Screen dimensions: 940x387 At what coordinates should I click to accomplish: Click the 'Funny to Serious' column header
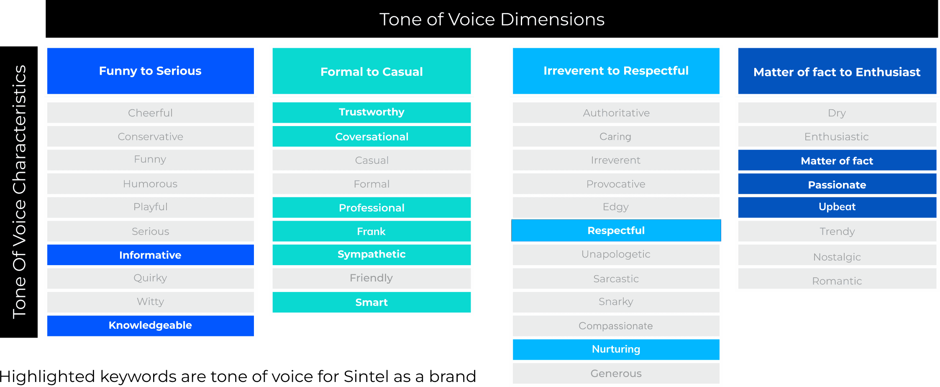(x=150, y=71)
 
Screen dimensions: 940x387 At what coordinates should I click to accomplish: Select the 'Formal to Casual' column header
(x=371, y=71)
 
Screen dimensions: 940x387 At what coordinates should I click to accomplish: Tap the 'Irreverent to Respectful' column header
(x=616, y=71)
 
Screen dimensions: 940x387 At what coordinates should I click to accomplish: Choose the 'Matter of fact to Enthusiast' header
(x=837, y=72)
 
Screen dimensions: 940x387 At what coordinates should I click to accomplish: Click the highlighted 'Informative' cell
(x=150, y=255)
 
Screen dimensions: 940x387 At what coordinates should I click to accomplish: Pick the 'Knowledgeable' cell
(x=150, y=325)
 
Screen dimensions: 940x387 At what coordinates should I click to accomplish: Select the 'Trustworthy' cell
(x=371, y=112)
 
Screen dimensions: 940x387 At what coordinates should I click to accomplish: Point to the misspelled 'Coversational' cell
(x=371, y=137)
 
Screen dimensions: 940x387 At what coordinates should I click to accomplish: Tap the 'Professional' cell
(x=371, y=208)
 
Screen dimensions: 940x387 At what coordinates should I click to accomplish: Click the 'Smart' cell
(x=371, y=302)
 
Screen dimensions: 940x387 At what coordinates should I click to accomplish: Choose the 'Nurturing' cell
(x=616, y=349)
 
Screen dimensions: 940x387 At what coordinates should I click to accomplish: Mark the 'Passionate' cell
(x=837, y=185)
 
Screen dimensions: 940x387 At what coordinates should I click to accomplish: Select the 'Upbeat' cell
(x=837, y=207)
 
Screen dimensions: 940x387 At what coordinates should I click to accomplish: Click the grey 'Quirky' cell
(x=150, y=278)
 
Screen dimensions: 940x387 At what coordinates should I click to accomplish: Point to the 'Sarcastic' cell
(x=616, y=279)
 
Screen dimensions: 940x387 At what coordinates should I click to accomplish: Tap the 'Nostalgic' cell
(x=837, y=257)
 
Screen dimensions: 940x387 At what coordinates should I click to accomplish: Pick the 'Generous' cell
(x=616, y=373)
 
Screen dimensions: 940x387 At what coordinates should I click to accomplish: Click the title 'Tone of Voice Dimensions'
(x=492, y=19)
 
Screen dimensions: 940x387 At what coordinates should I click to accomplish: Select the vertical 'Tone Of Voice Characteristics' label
(x=19, y=192)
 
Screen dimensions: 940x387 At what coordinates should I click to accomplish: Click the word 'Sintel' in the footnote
(x=363, y=376)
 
